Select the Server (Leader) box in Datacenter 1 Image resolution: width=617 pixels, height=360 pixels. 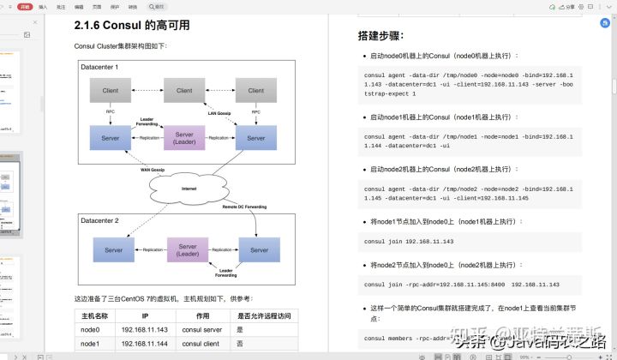tap(184, 138)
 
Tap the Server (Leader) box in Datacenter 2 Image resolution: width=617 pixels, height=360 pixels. tap(188, 249)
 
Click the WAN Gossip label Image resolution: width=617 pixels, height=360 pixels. tap(152, 170)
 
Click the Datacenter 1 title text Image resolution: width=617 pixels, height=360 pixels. tap(99, 67)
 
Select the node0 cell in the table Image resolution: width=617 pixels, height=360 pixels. tap(90, 329)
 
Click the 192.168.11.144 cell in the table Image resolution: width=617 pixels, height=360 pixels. tap(144, 344)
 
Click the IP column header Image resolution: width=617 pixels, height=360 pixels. tap(144, 315)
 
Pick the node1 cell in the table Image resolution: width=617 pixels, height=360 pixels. tap(90, 344)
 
